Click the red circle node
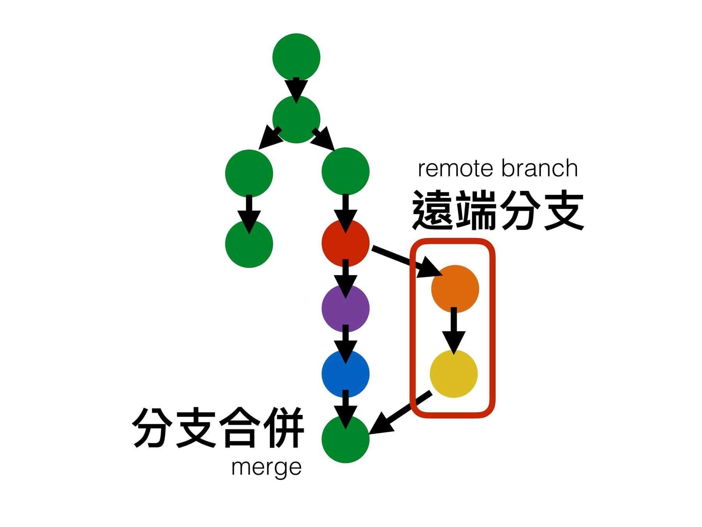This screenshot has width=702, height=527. [345, 243]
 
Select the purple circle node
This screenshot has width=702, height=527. [345, 308]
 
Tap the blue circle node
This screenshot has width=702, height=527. [345, 374]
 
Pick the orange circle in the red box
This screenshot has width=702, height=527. [455, 289]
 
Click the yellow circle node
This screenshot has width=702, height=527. [454, 374]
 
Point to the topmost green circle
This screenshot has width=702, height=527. [296, 57]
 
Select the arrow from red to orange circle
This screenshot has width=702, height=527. [406, 260]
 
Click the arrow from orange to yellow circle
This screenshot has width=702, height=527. [453, 330]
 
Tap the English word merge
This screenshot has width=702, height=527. [266, 467]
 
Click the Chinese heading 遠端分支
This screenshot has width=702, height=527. [498, 211]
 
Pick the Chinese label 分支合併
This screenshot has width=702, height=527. [218, 427]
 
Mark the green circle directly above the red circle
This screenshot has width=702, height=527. [345, 171]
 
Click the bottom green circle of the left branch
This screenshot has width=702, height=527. [249, 244]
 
